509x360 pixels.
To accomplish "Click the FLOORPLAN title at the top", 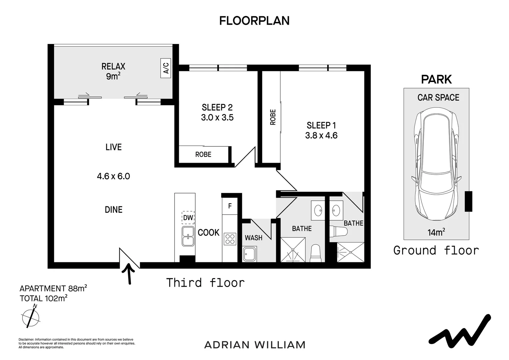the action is [254, 21].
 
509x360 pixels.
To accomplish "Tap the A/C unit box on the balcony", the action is [166, 68].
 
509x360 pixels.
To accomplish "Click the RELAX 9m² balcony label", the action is [113, 71].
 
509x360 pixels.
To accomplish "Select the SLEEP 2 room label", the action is [217, 107].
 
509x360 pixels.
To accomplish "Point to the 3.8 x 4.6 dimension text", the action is [321, 136].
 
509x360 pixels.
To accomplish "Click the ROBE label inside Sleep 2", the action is [204, 154].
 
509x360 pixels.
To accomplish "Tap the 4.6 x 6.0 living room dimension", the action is [113, 176].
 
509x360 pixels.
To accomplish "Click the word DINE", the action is [114, 209].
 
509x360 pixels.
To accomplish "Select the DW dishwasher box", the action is [188, 218].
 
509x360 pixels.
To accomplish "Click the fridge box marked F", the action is [230, 206].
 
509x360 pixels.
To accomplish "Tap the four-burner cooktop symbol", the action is [230, 239].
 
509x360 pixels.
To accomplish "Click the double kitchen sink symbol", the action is [188, 236].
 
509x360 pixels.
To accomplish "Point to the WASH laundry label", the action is [254, 238].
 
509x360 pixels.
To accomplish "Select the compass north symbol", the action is [31, 317].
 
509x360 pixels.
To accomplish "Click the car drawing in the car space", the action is [436, 164].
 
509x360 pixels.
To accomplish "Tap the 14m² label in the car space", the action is [436, 232].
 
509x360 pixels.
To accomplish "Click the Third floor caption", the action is [206, 283].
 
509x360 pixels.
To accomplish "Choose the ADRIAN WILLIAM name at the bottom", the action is [255, 345].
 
